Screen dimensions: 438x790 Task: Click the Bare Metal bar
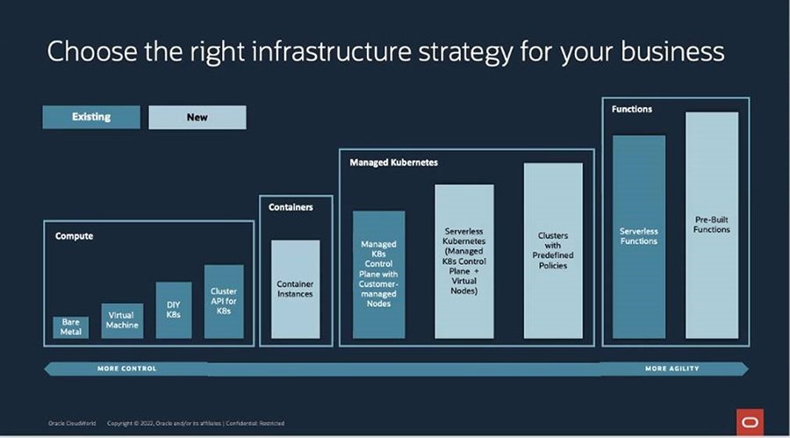70,327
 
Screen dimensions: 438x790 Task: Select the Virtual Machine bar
122,320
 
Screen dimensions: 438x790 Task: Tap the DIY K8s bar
173,310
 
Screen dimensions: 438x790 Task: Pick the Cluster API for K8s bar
224,301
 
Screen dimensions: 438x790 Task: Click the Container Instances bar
295,289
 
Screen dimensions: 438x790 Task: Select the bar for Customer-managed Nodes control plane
378,274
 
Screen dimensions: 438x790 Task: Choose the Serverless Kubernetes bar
464,261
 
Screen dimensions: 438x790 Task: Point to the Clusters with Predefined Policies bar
553,250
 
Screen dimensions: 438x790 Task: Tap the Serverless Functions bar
638,236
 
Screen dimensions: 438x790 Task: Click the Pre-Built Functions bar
712,225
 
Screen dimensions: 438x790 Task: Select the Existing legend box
91,117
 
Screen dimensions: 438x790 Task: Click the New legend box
197,117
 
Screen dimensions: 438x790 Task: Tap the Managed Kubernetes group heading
393,162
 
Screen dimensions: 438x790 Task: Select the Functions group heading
632,109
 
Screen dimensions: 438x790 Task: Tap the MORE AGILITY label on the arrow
671,369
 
